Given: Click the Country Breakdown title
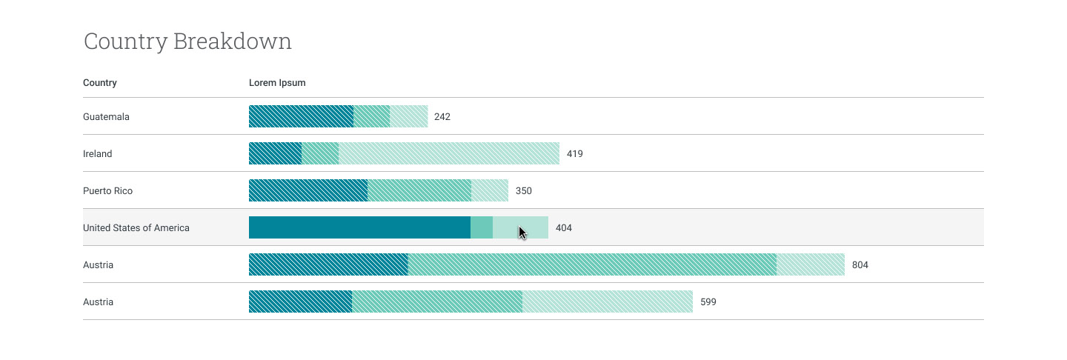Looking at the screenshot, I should coord(187,41).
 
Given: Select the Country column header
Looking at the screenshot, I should coord(100,83).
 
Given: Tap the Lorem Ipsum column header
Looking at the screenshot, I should coord(277,83).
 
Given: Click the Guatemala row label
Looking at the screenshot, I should coord(106,117).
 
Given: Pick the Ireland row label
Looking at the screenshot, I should coord(98,154).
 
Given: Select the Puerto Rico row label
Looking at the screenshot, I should coord(108,191).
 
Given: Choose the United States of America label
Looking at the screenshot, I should coord(136,228).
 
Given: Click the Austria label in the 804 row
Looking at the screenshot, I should coord(99,265).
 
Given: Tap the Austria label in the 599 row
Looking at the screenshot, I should coord(99,302).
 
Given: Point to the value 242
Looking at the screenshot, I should coord(442,117).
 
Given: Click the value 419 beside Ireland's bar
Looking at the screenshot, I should coord(575,154).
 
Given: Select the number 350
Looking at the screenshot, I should coord(524,191).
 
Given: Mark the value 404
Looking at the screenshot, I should coord(564,228).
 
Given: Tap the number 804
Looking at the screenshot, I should coord(860,265).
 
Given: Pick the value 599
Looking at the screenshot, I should coord(708,302).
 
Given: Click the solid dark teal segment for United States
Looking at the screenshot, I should coord(359,227).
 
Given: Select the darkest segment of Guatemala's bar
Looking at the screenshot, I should coord(301,116).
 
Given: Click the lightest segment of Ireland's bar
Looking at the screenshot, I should coord(449,153).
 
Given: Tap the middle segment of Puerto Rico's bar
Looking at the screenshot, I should coord(419,190).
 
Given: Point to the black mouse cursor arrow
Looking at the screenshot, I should coord(522,233).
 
